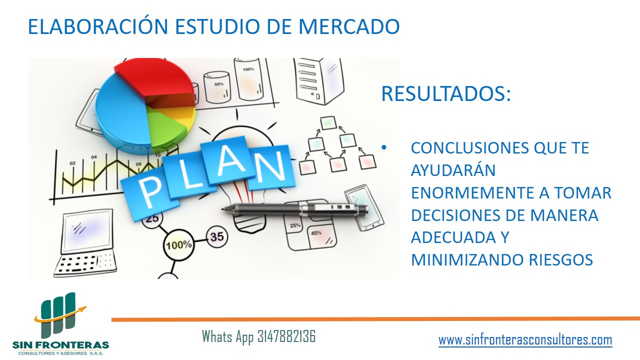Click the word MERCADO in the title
point(349,26)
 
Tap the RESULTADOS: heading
point(446,93)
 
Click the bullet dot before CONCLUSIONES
point(383,147)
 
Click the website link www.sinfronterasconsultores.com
point(525,340)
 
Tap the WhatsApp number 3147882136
point(286,336)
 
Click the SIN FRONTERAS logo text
point(60,345)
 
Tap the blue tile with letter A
point(227,161)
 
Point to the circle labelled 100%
point(179,245)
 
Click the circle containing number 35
point(217,237)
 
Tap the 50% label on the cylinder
point(219,84)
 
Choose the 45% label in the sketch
point(316,233)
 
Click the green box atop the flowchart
point(328,123)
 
